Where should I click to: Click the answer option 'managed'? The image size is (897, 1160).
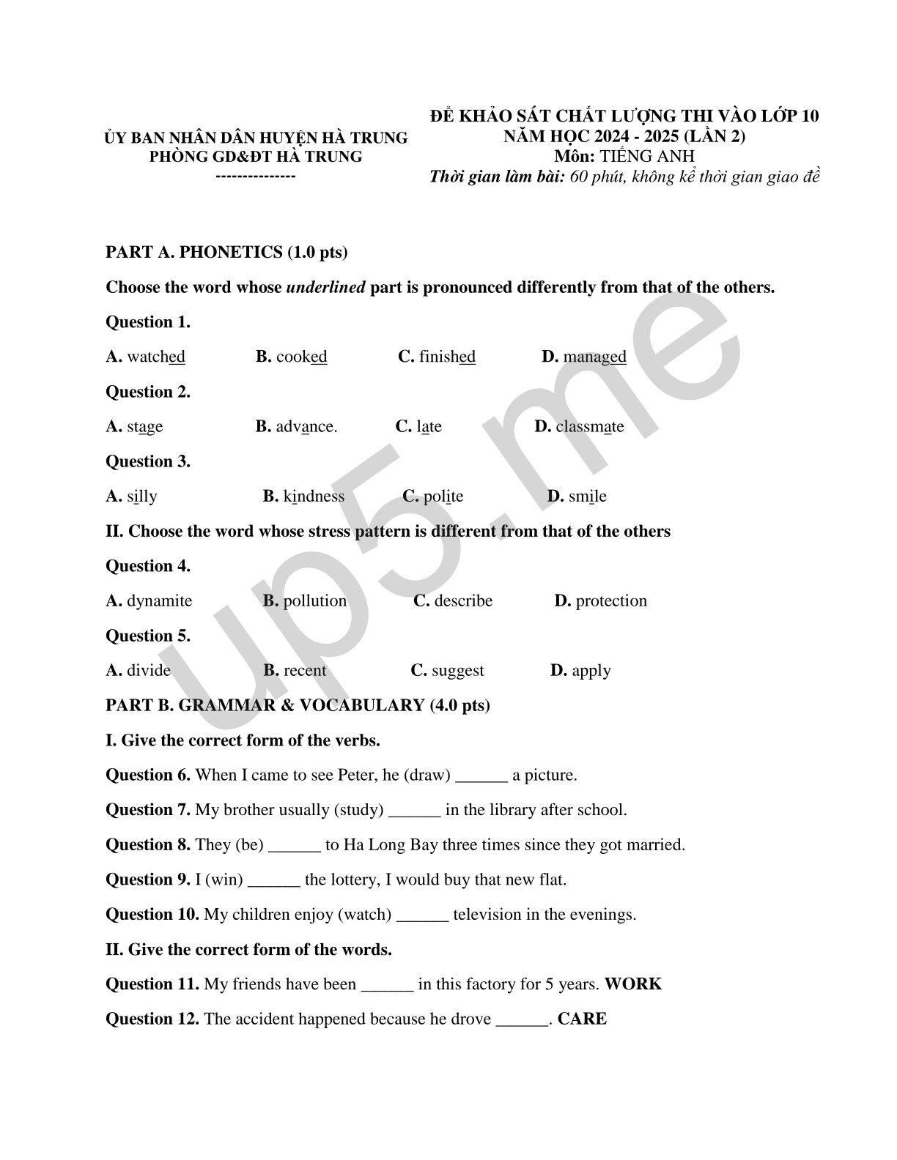[594, 357]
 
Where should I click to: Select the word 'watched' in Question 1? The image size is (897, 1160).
[156, 357]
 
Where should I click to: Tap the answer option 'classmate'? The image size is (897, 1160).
[589, 426]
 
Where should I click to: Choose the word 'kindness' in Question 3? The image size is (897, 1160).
[314, 497]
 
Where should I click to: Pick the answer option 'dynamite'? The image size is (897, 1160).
[159, 601]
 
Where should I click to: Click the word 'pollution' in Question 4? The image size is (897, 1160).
[315, 601]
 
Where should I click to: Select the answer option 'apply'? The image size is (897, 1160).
[591, 671]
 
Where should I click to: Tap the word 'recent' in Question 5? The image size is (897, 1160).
[305, 671]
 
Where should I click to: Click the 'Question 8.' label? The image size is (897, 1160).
[148, 845]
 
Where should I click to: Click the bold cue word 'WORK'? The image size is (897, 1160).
[633, 984]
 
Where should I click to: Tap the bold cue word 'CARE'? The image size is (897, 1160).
[582, 1019]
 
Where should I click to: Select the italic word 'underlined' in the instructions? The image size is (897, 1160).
[325, 287]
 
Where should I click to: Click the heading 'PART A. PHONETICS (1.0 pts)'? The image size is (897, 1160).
[226, 253]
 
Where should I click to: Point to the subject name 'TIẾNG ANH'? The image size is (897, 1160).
[647, 156]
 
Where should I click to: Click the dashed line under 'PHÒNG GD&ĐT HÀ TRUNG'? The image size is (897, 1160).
[256, 176]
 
